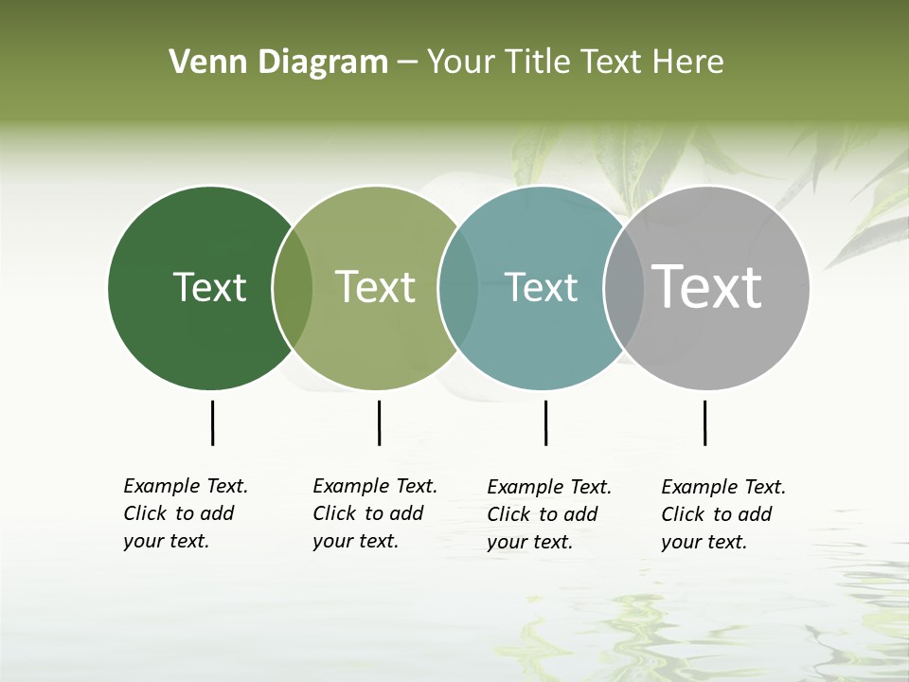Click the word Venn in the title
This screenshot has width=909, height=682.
point(201,63)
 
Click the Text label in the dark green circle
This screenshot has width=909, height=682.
point(209,287)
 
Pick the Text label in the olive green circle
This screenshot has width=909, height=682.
point(375,287)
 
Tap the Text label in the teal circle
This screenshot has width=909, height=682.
point(541,287)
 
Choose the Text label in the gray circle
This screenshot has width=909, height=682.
point(706,286)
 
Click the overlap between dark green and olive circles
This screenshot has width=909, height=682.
point(293,287)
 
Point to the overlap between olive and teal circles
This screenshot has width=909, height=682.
point(458,287)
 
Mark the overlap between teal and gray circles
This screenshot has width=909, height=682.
point(624,287)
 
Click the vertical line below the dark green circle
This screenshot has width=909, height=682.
point(212,422)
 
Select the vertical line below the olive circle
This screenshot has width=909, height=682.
point(379,422)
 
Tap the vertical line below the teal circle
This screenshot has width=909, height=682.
point(545,422)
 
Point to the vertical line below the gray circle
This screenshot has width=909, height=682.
point(704,422)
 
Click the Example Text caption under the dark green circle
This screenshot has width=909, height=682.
point(186,513)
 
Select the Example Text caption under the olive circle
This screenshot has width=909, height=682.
point(375,513)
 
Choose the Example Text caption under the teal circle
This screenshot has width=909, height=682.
point(549,514)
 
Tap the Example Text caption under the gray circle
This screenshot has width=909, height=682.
point(723,514)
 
